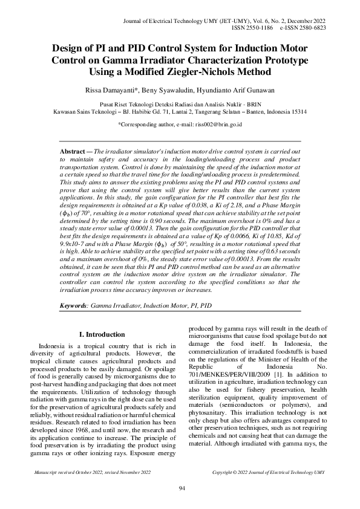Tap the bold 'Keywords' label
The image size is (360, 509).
click(x=73, y=306)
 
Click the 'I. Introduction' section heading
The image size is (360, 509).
click(x=102, y=334)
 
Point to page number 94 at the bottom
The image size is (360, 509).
click(x=180, y=488)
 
